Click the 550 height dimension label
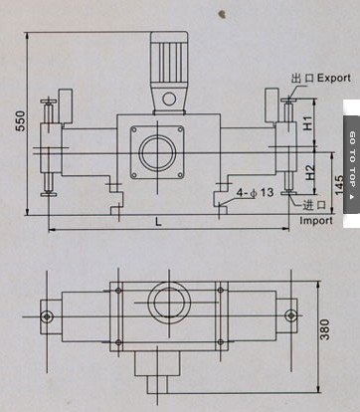(x=21, y=120)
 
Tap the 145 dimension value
(x=339, y=185)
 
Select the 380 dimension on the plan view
(x=326, y=329)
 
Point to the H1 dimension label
(x=308, y=123)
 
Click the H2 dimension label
(x=309, y=172)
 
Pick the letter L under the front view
(x=159, y=222)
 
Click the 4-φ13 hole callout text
(x=255, y=192)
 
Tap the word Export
(x=333, y=79)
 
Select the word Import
(x=316, y=220)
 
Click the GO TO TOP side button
(x=352, y=164)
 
